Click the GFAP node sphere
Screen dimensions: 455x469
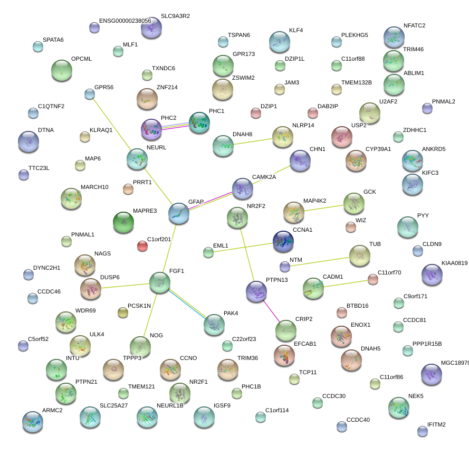coord(179,213)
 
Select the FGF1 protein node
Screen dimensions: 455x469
coord(160,283)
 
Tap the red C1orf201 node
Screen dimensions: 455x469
coord(142,246)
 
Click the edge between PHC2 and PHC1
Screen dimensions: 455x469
coord(175,126)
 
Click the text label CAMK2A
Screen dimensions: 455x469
coord(264,177)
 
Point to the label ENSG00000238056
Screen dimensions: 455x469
coord(125,21)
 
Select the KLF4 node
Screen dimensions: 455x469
coord(280,42)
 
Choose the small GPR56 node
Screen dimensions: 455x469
coord(90,94)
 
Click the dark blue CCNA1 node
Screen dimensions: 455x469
coord(284,241)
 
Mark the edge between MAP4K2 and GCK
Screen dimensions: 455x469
coord(324,208)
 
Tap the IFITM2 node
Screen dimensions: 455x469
coord(422,431)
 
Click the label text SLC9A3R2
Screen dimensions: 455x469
coord(175,16)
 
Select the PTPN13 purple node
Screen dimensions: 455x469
coord(257,290)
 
